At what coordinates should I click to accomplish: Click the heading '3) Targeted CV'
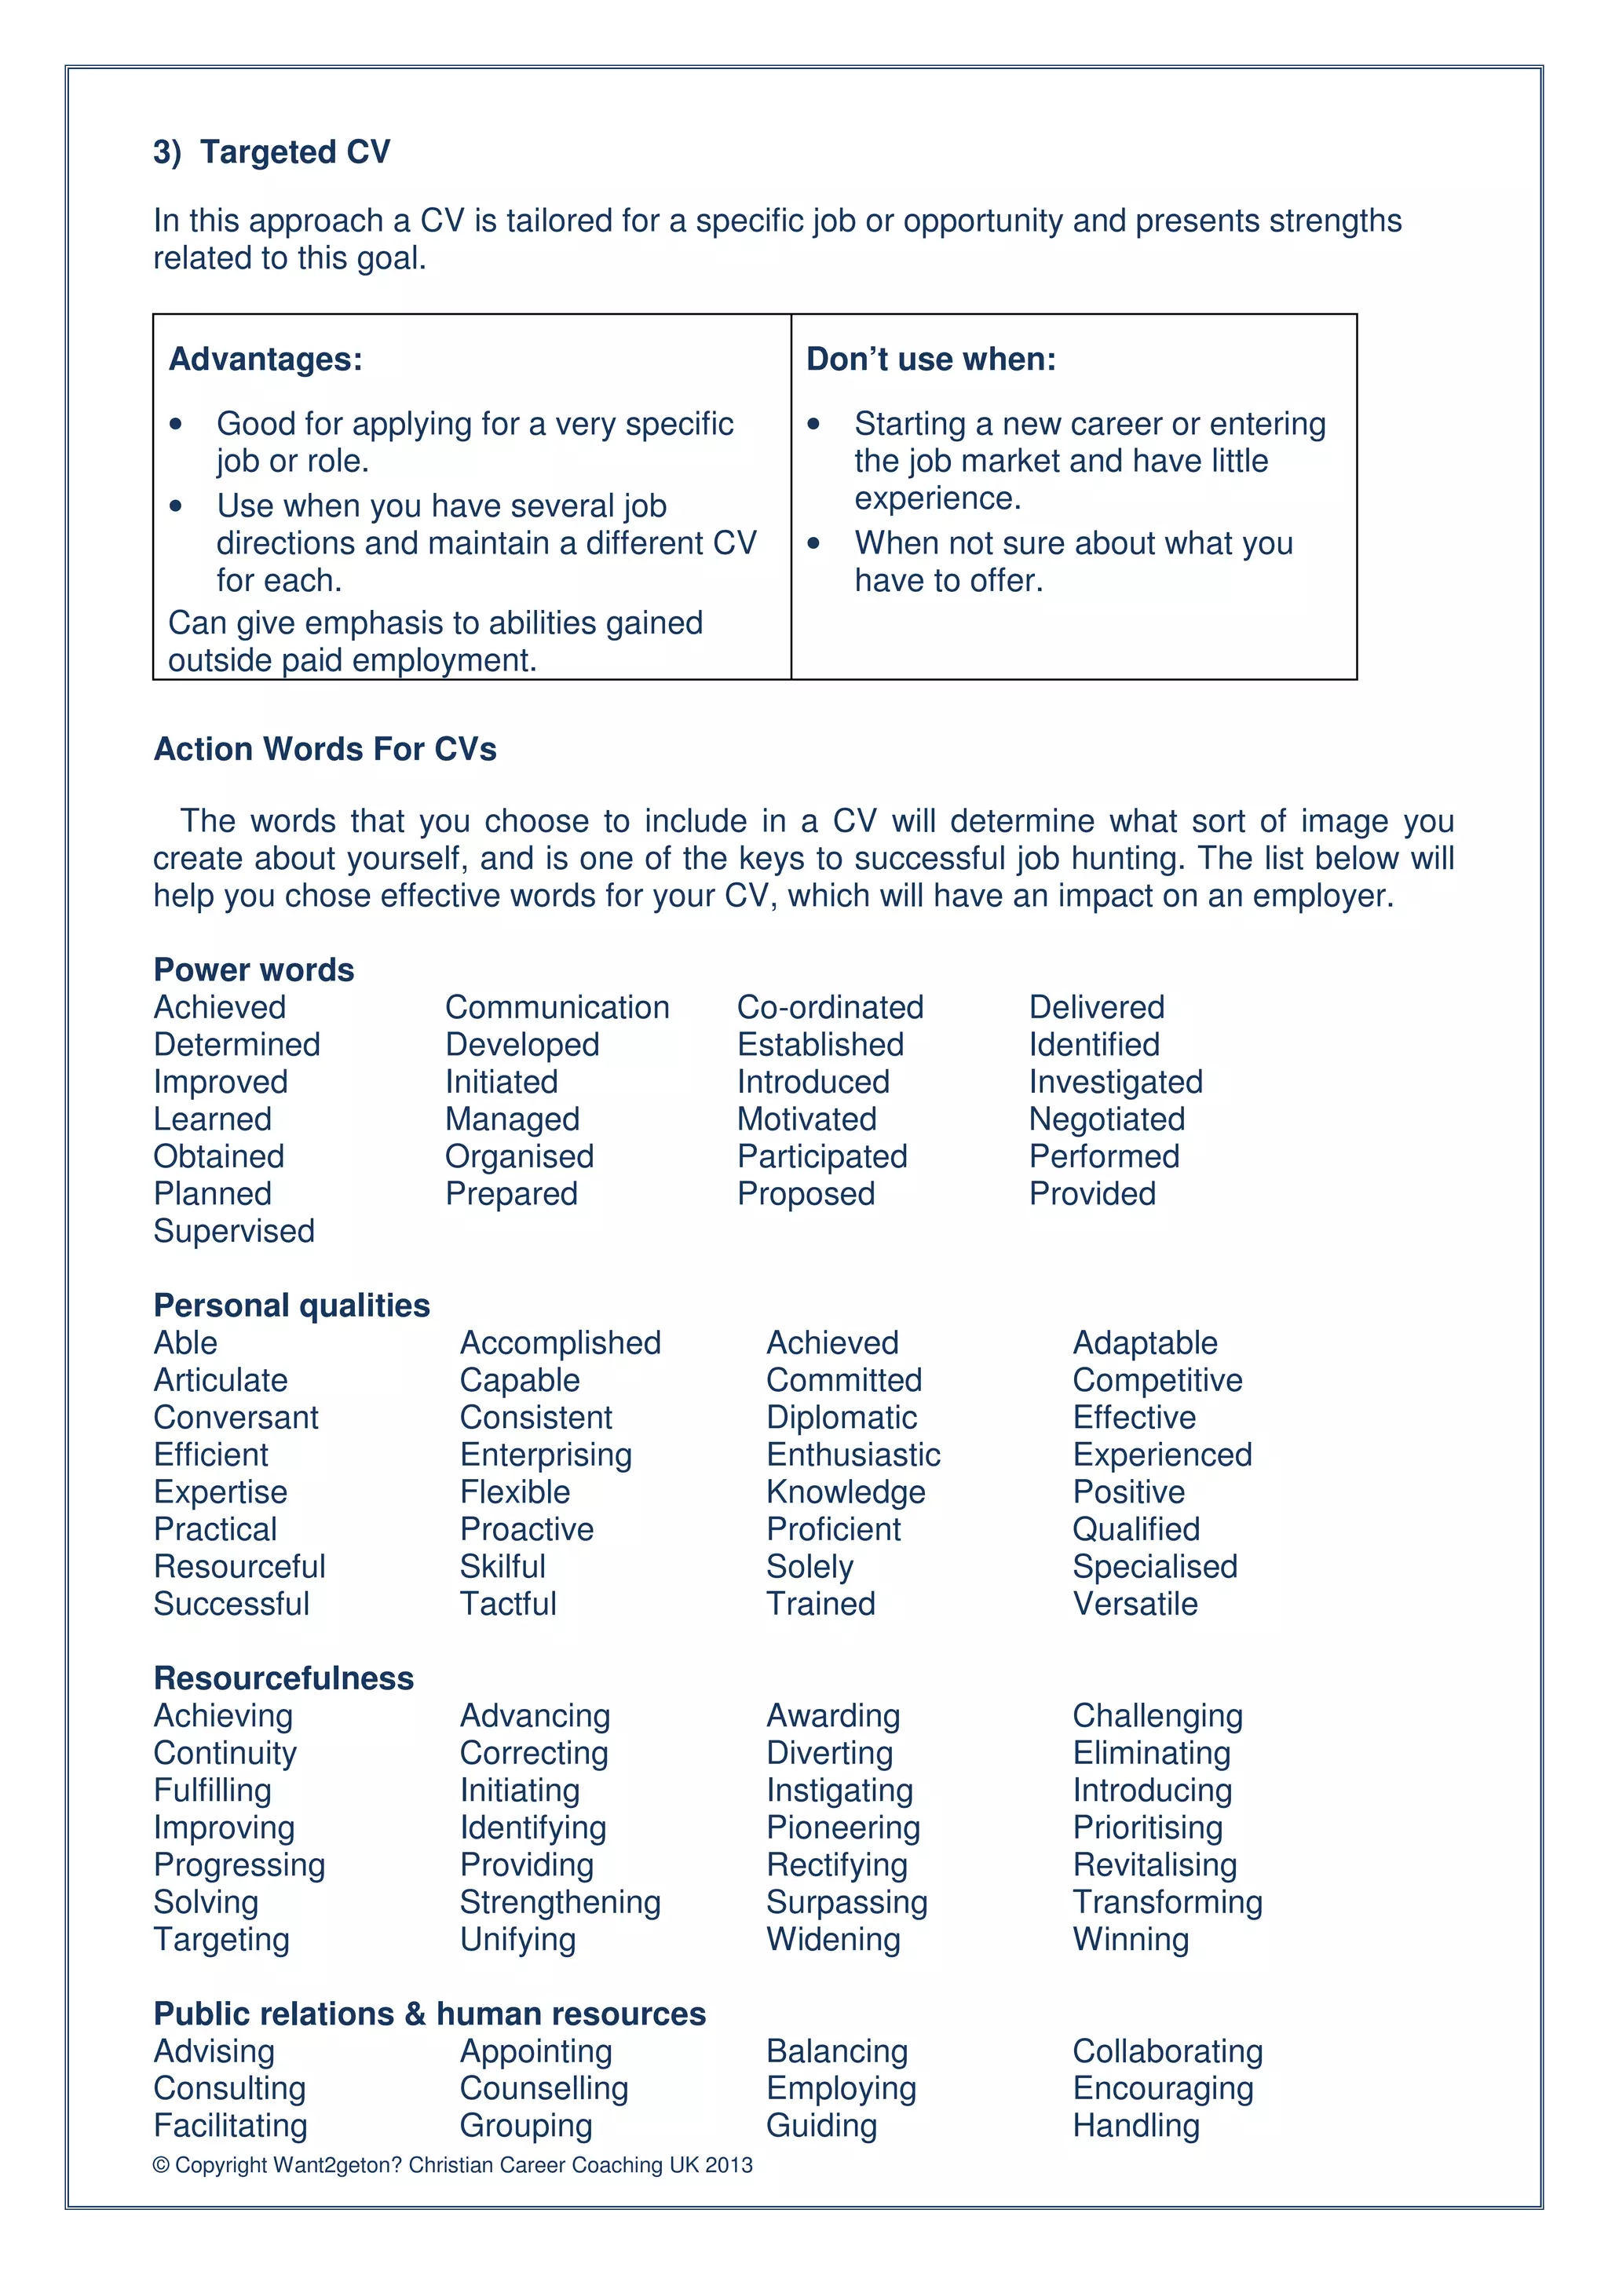[x=272, y=152]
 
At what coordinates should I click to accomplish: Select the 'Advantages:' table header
[x=265, y=359]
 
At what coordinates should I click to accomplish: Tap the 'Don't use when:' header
[x=930, y=359]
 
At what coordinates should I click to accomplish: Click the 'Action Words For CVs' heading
[x=325, y=749]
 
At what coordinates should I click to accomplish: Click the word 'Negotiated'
[x=1105, y=1119]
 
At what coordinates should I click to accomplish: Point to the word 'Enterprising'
[x=545, y=1455]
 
